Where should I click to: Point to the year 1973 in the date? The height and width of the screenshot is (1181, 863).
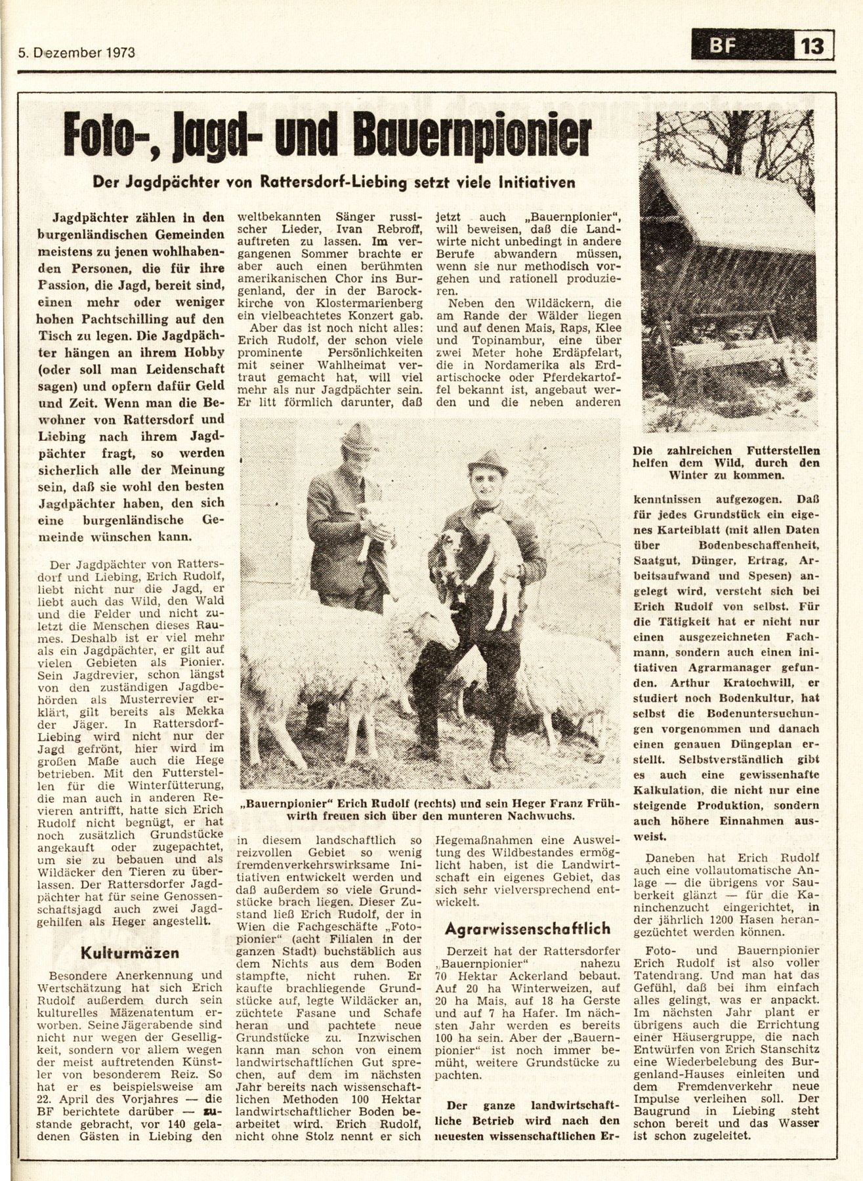(x=119, y=54)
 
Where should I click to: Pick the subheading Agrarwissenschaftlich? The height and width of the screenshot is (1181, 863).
(x=528, y=928)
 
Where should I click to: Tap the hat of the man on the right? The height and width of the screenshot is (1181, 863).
(x=488, y=462)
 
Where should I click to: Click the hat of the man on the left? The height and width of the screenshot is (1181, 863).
(x=355, y=437)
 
